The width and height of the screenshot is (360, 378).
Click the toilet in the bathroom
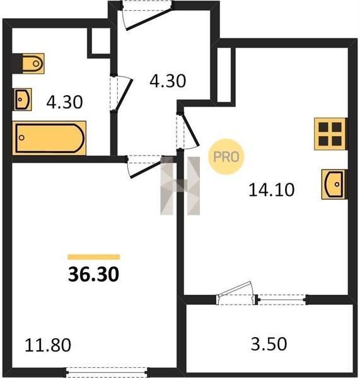pyautogui.click(x=33, y=64)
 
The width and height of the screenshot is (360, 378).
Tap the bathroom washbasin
pyautogui.click(x=23, y=100)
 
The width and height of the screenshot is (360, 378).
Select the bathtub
pyautogui.click(x=49, y=138)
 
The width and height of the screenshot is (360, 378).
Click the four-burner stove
pyautogui.click(x=330, y=134)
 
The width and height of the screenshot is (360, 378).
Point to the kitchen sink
pyautogui.click(x=334, y=185)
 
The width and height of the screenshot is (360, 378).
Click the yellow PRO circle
pyautogui.click(x=226, y=157)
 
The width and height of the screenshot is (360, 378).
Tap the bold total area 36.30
pyautogui.click(x=93, y=274)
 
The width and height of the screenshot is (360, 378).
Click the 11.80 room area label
pyautogui.click(x=48, y=345)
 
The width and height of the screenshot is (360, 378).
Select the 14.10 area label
pyautogui.click(x=272, y=190)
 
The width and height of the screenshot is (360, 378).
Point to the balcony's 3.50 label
pyautogui.click(x=269, y=344)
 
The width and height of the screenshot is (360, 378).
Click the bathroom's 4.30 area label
pyautogui.click(x=64, y=102)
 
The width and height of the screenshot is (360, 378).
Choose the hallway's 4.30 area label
pyautogui.click(x=168, y=81)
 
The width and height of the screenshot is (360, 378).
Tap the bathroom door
pyautogui.click(x=122, y=93)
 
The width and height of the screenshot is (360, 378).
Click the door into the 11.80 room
pyautogui.click(x=146, y=166)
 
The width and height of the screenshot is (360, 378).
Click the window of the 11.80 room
pyautogui.click(x=107, y=372)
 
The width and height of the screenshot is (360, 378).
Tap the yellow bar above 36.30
pyautogui.click(x=94, y=257)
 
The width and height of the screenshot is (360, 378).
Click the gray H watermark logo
pyautogui.click(x=180, y=185)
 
